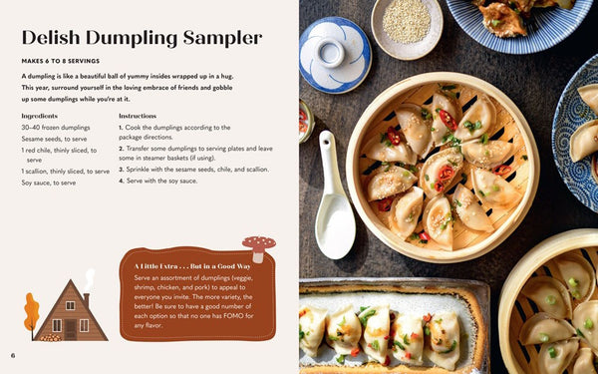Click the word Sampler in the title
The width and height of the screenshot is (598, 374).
pos(222,38)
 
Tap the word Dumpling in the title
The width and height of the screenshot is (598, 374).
pos(132,39)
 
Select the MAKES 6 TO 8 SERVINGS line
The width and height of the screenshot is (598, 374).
pos(60,61)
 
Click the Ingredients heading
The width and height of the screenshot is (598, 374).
pos(39,116)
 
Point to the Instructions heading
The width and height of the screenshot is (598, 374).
pos(138,116)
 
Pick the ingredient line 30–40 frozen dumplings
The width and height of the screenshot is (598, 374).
pos(56,128)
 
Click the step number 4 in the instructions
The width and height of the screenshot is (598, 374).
pos(121,181)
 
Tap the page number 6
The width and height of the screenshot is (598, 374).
pos(13,355)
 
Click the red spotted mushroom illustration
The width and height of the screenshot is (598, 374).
pos(259,248)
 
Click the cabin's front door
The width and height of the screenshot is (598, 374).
pos(70,329)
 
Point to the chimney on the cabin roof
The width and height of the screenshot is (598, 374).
pos(87,299)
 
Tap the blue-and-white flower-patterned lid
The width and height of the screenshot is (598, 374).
pos(335,54)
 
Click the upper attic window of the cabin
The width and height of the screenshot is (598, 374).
pos(70,305)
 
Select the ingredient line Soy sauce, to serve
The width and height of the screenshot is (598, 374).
pos(49,183)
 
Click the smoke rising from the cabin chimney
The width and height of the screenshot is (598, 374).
pos(90,279)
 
